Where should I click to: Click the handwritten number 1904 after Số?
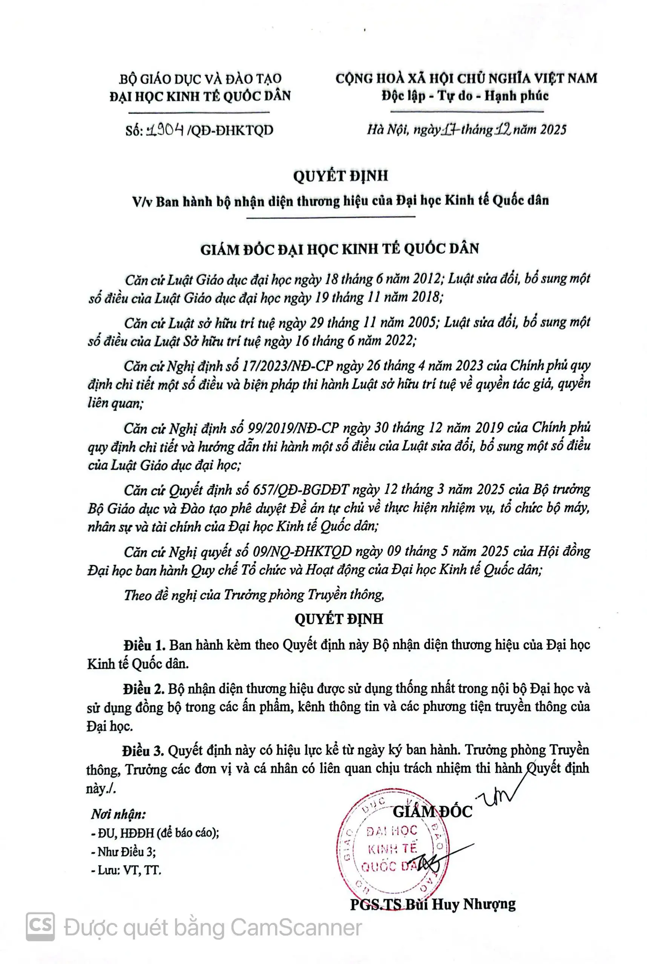click(x=165, y=130)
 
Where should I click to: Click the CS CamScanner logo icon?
click(x=40, y=927)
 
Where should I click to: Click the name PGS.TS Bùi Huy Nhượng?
click(x=433, y=904)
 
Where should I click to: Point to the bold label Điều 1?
click(x=144, y=645)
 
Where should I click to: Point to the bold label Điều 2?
click(x=144, y=689)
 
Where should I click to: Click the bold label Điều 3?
click(x=144, y=750)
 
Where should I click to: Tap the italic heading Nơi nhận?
click(x=118, y=814)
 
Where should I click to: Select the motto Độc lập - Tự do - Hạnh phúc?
click(x=465, y=96)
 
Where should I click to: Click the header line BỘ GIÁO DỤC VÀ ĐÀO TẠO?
click(x=200, y=79)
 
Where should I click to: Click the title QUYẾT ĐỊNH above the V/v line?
click(x=340, y=176)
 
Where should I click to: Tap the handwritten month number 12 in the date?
click(x=503, y=130)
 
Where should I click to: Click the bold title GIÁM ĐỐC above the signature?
click(x=432, y=811)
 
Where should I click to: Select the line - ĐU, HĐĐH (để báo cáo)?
click(x=155, y=833)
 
